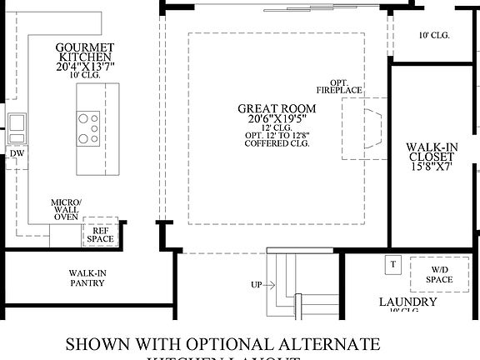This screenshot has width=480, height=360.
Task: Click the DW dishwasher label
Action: click(17, 154)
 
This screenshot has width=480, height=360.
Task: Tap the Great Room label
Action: click(277, 108)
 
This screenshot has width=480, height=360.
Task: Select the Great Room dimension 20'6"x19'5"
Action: click(277, 120)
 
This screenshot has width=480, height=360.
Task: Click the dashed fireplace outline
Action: click(363, 129)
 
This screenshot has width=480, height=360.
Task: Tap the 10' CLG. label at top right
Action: click(434, 35)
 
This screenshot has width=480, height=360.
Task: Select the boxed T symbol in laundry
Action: click(392, 264)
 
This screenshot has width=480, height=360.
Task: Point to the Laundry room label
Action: click(408, 302)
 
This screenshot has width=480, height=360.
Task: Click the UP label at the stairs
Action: click(257, 285)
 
